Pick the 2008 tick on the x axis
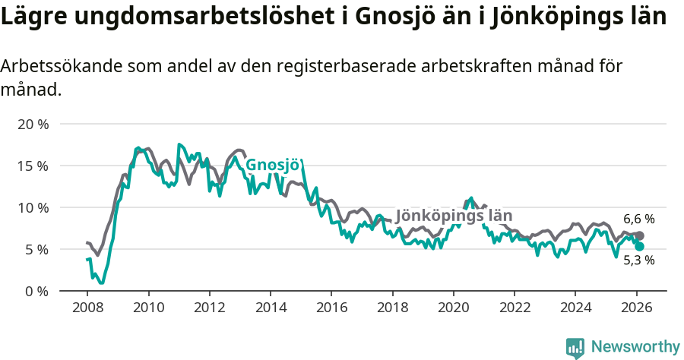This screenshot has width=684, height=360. coord(87,307)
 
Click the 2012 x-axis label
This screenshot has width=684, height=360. coord(210,307)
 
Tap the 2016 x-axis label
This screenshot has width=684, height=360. coord(331,307)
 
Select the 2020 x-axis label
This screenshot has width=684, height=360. coord(453,307)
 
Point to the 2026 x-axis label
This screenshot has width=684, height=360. coord(636,307)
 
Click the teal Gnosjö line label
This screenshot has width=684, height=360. coord(273,166)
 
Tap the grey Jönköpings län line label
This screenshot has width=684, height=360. coord(454,216)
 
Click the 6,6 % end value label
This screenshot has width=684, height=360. coord(639,219)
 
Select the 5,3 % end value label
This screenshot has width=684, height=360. coord(639,260)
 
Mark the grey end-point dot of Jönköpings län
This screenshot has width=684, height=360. coord(639,236)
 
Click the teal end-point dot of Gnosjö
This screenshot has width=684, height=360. coord(639,247)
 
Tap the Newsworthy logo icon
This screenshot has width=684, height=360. coord(575,348)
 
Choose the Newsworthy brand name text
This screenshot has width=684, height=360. coord(635,347)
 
